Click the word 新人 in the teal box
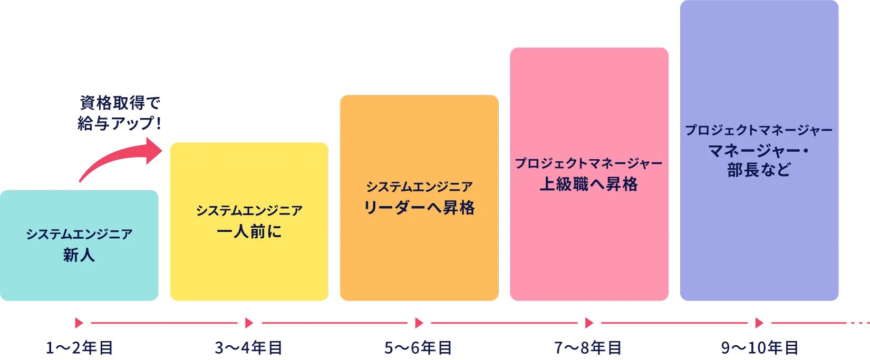(x=79, y=256)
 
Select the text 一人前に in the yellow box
(x=249, y=231)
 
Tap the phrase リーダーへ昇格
(x=419, y=208)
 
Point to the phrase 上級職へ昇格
(x=588, y=184)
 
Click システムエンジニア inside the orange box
(x=419, y=187)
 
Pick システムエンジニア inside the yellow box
(x=249, y=210)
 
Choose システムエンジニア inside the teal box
(x=79, y=235)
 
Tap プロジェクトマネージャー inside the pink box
(x=588, y=163)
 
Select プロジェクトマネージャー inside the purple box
(x=759, y=130)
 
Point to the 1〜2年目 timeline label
(x=79, y=348)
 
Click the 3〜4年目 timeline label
(x=249, y=348)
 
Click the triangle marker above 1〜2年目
(x=79, y=323)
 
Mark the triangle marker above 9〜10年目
(x=759, y=323)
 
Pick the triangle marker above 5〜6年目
(x=419, y=323)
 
